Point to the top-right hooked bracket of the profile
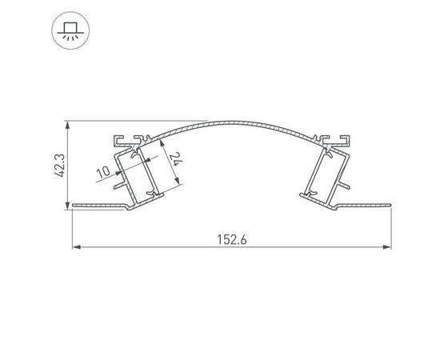[338, 139]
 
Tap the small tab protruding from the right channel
[346, 184]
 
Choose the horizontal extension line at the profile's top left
[88, 122]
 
